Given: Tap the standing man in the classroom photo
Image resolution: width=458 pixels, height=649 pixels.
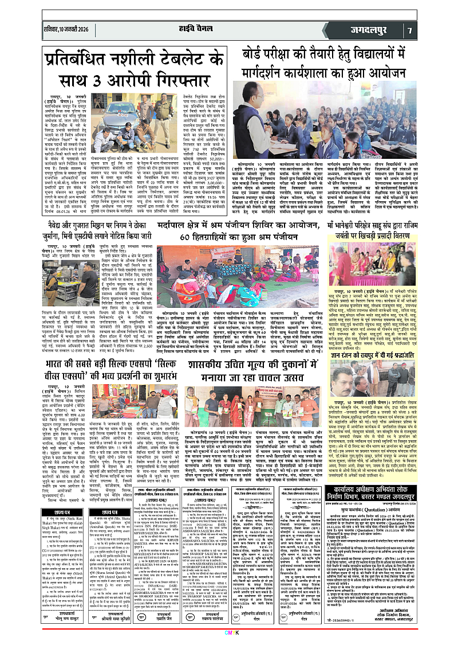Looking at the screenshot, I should [x=249, y=107].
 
